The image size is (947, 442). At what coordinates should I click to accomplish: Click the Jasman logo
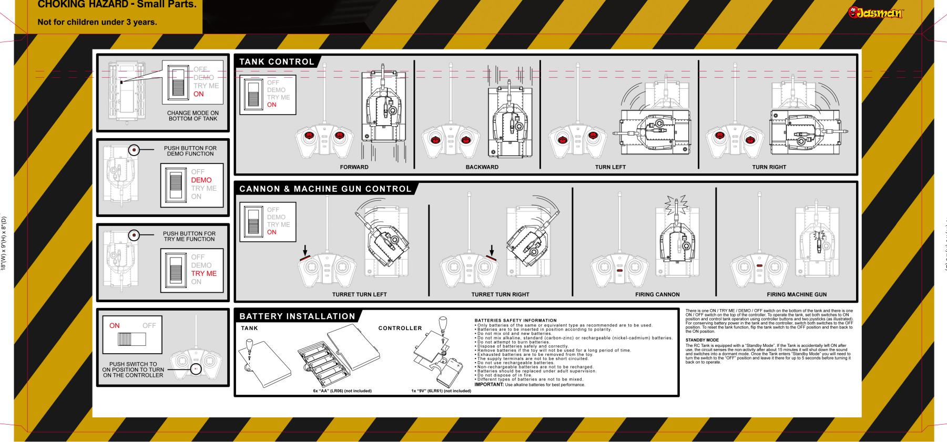(x=875, y=13)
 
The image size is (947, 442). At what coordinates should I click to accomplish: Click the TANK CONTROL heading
(x=277, y=62)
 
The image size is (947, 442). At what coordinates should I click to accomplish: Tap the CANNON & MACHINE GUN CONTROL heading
(x=325, y=189)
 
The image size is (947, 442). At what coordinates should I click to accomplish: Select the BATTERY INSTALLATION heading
(x=297, y=316)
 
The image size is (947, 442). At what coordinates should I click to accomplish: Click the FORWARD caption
(x=354, y=167)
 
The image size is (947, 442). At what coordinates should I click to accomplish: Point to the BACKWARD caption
(x=482, y=167)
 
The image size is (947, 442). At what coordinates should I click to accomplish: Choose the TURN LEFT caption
(x=610, y=167)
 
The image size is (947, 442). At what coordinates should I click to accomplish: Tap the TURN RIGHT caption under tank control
(x=769, y=167)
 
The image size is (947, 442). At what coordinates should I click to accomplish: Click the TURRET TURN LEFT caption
(x=359, y=295)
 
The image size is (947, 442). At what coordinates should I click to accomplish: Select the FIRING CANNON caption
(x=657, y=295)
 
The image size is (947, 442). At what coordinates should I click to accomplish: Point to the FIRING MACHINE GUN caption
(x=797, y=295)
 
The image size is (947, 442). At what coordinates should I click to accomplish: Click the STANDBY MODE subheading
(x=702, y=340)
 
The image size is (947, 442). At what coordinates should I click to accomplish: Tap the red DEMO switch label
(x=201, y=180)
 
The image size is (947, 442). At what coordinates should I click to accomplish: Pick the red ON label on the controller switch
(x=115, y=326)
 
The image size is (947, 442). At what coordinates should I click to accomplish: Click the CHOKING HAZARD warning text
(x=117, y=5)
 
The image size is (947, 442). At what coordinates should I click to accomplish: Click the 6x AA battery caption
(x=342, y=391)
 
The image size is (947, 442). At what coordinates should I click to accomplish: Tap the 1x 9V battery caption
(x=441, y=391)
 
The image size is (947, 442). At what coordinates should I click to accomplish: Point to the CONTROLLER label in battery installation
(x=400, y=328)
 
